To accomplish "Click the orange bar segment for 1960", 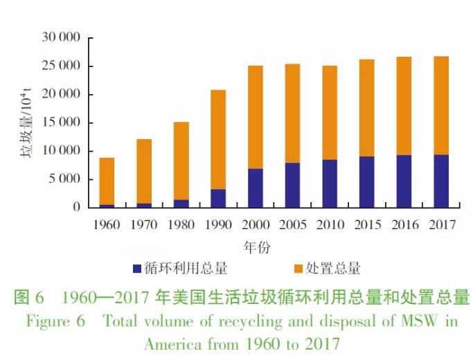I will [x=107, y=181].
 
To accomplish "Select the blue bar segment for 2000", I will [x=255, y=188].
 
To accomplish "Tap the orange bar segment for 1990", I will [x=218, y=139].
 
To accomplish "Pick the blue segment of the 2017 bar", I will [x=440, y=181].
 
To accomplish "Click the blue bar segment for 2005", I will [x=292, y=185].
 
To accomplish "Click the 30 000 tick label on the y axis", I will [x=62, y=37].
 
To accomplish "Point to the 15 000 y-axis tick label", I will [x=62, y=123].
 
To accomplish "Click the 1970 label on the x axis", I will [x=143, y=225].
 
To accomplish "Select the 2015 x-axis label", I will [x=366, y=225].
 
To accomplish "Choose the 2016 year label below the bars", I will [x=404, y=225].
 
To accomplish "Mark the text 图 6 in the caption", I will [x=29, y=298].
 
